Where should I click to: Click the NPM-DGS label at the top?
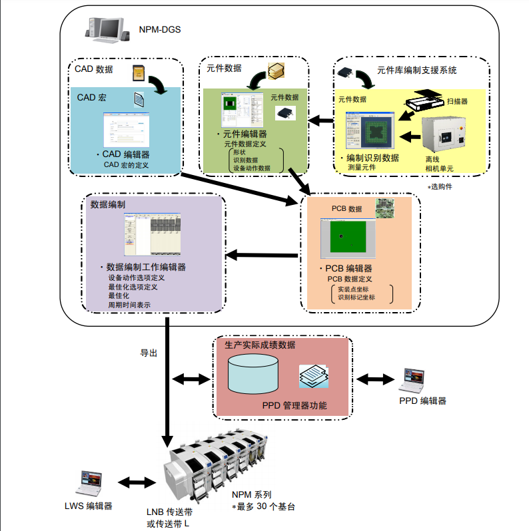pos(159,30)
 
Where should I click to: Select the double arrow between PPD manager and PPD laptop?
pos(374,379)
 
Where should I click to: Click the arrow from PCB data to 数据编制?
pos(263,255)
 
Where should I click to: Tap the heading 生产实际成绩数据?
pos(260,345)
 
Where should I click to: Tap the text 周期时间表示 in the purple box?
pos(129,305)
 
